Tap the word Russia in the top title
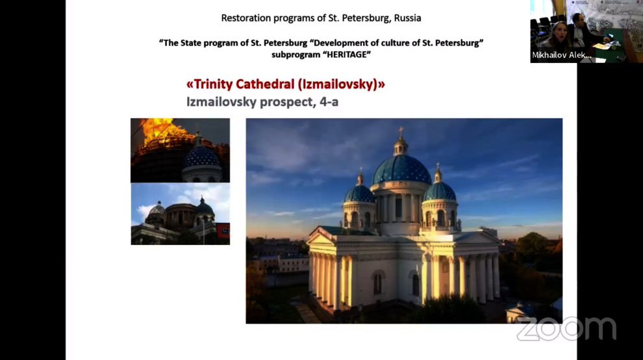pos(408,18)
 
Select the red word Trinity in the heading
pos(213,84)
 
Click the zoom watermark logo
pos(566,328)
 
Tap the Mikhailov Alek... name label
pos(561,55)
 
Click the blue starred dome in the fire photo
pos(201,157)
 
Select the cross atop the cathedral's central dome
pos(401,131)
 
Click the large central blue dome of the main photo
pos(401,169)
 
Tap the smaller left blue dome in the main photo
pos(359,194)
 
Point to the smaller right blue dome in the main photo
pos(439,191)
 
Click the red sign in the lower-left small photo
pos(223,231)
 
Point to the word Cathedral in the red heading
pos(266,84)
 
